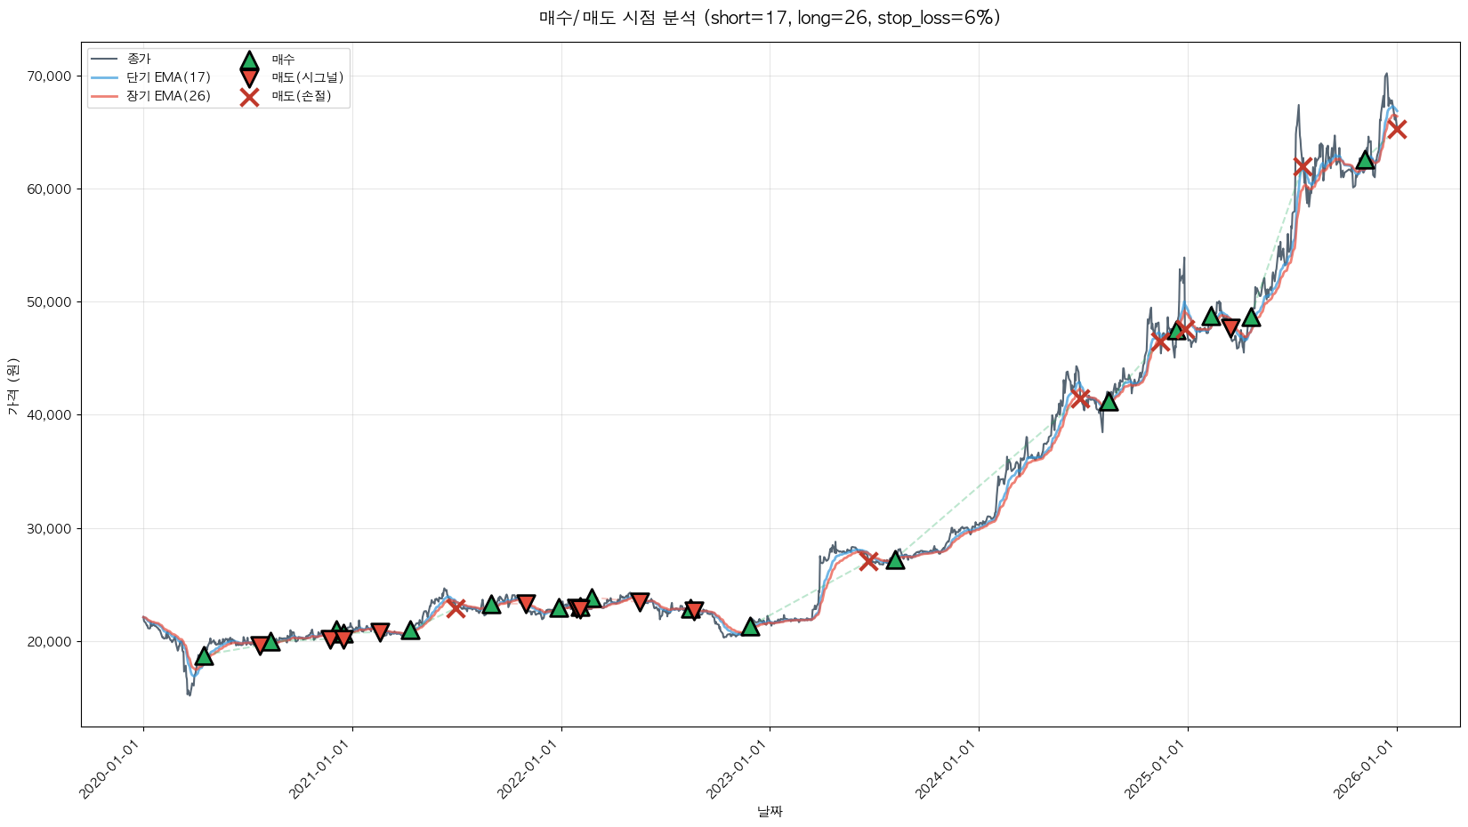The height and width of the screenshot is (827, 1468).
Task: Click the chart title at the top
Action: tap(770, 18)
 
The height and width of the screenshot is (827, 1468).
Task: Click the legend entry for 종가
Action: tap(139, 59)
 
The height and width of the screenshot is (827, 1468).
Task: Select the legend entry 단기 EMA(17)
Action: tap(168, 77)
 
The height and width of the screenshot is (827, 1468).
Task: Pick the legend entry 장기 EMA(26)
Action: tap(168, 96)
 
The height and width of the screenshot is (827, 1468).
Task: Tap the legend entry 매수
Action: tap(283, 60)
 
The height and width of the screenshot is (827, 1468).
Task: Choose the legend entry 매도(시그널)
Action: tap(307, 77)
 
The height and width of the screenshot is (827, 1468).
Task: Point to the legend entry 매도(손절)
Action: tap(301, 96)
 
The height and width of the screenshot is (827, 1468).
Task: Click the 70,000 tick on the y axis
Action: tap(47, 76)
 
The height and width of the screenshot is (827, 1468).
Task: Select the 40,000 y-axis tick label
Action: tap(47, 415)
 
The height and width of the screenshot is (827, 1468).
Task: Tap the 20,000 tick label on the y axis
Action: tap(47, 641)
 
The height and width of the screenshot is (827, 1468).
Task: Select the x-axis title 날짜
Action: tap(770, 811)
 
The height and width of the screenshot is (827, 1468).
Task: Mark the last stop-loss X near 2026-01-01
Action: tap(1397, 129)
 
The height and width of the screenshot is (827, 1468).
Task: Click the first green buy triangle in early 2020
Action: tap(204, 656)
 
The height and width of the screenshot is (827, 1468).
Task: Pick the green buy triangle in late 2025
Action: tap(1365, 160)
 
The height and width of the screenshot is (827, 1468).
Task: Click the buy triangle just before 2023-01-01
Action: tap(750, 627)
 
